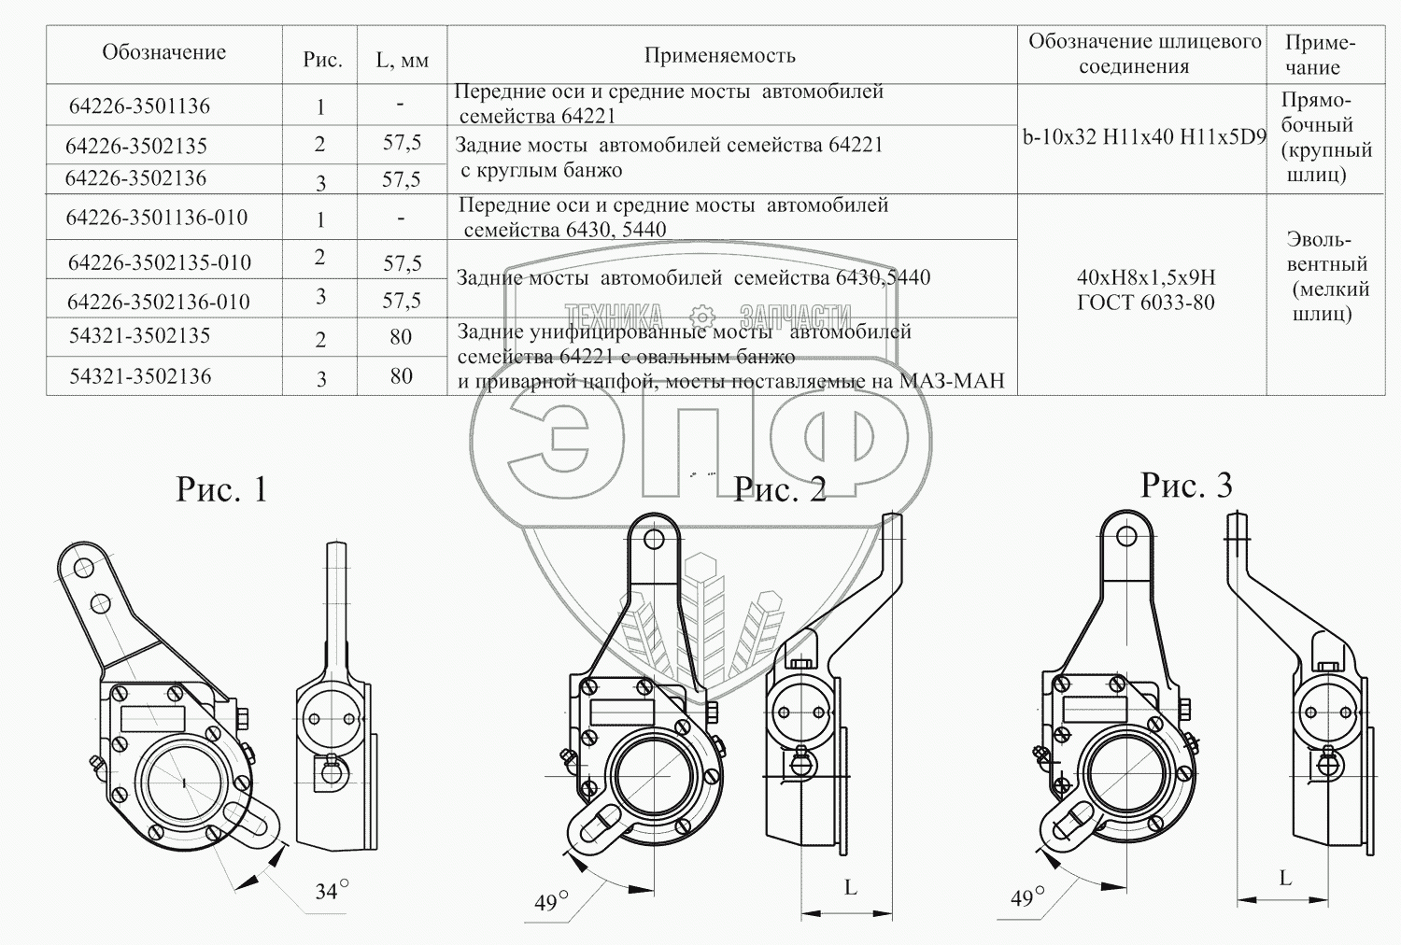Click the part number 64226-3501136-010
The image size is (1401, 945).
[x=157, y=219]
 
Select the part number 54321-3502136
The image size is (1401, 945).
[x=140, y=376]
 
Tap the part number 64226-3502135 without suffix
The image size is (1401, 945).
[x=136, y=146]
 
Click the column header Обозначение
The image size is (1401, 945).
[x=164, y=52]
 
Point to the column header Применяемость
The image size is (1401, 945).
[x=719, y=56]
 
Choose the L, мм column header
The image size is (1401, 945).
[x=402, y=61]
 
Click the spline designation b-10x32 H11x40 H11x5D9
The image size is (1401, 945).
[x=1144, y=137]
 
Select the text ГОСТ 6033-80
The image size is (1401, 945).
[x=1145, y=303]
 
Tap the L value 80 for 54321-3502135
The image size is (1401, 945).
[x=401, y=337]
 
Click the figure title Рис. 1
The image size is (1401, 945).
[x=221, y=489]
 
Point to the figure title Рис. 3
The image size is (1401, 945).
[x=1186, y=486]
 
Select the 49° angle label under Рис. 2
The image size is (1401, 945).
[x=551, y=902]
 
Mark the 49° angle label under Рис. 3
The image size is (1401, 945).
[x=1027, y=898]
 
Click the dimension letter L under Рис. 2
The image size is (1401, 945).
[x=850, y=887]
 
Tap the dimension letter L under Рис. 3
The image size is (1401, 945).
[x=1285, y=878]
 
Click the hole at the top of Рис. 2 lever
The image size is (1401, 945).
[x=654, y=539]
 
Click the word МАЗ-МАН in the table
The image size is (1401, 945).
[x=952, y=381]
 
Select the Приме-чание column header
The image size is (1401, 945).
[x=1319, y=55]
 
